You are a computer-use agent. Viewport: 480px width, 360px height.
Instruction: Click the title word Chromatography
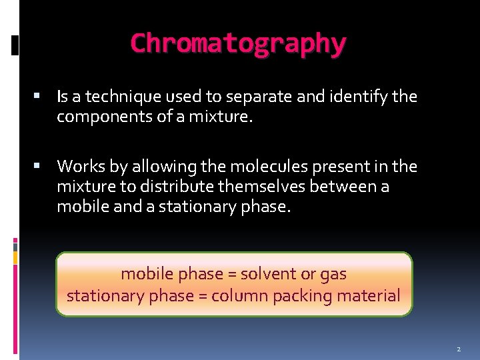(x=238, y=43)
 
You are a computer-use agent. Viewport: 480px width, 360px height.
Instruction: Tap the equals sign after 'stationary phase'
(x=200, y=296)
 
